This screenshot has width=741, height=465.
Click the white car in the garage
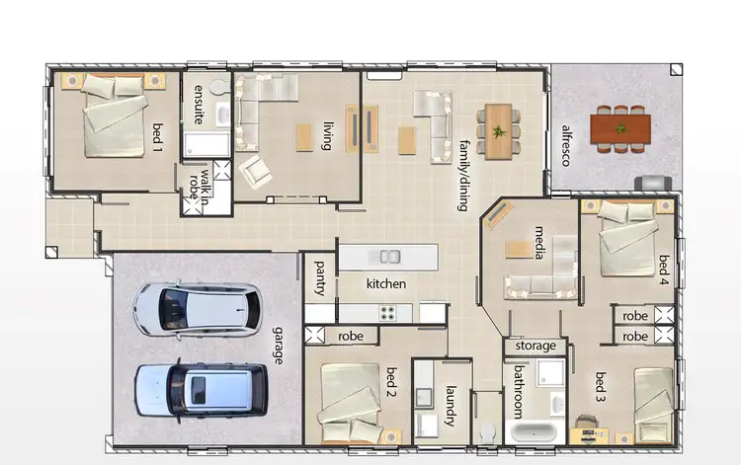click(x=198, y=308)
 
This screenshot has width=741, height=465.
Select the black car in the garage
click(x=202, y=388)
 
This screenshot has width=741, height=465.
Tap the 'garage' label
click(x=279, y=345)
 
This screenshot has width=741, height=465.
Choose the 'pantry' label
click(x=320, y=278)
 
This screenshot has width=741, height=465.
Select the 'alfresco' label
click(x=566, y=145)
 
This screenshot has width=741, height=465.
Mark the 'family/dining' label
click(x=462, y=176)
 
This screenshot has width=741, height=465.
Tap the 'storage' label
click(x=535, y=347)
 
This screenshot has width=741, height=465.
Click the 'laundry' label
click(x=451, y=405)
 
